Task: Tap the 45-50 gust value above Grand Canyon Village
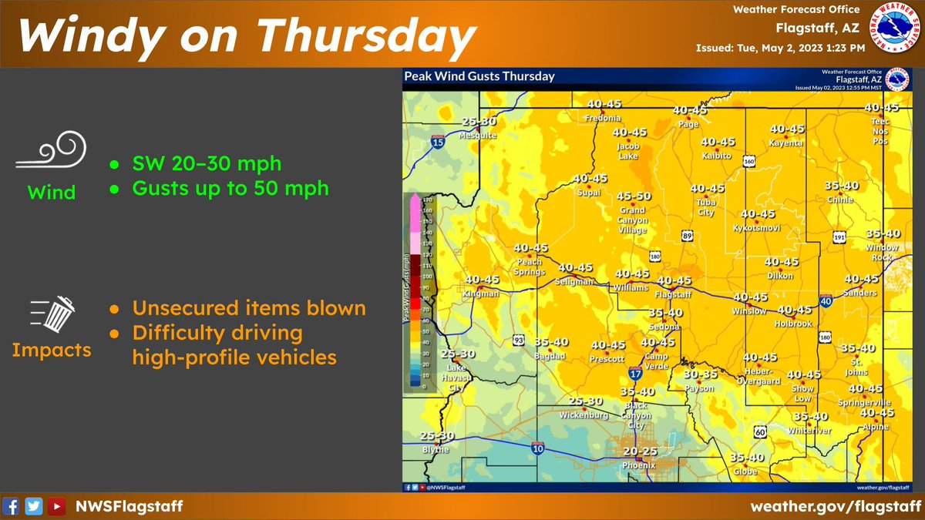tap(634, 196)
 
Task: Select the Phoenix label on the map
tap(639, 465)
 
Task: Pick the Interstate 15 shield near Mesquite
tap(437, 143)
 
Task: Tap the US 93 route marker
tap(520, 340)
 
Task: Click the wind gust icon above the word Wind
tap(52, 150)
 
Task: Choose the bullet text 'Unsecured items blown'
tap(248, 308)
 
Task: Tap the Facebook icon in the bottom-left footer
tap(12, 506)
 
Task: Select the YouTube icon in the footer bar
tap(56, 506)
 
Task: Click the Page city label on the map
tap(688, 124)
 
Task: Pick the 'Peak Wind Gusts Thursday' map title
tap(479, 76)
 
